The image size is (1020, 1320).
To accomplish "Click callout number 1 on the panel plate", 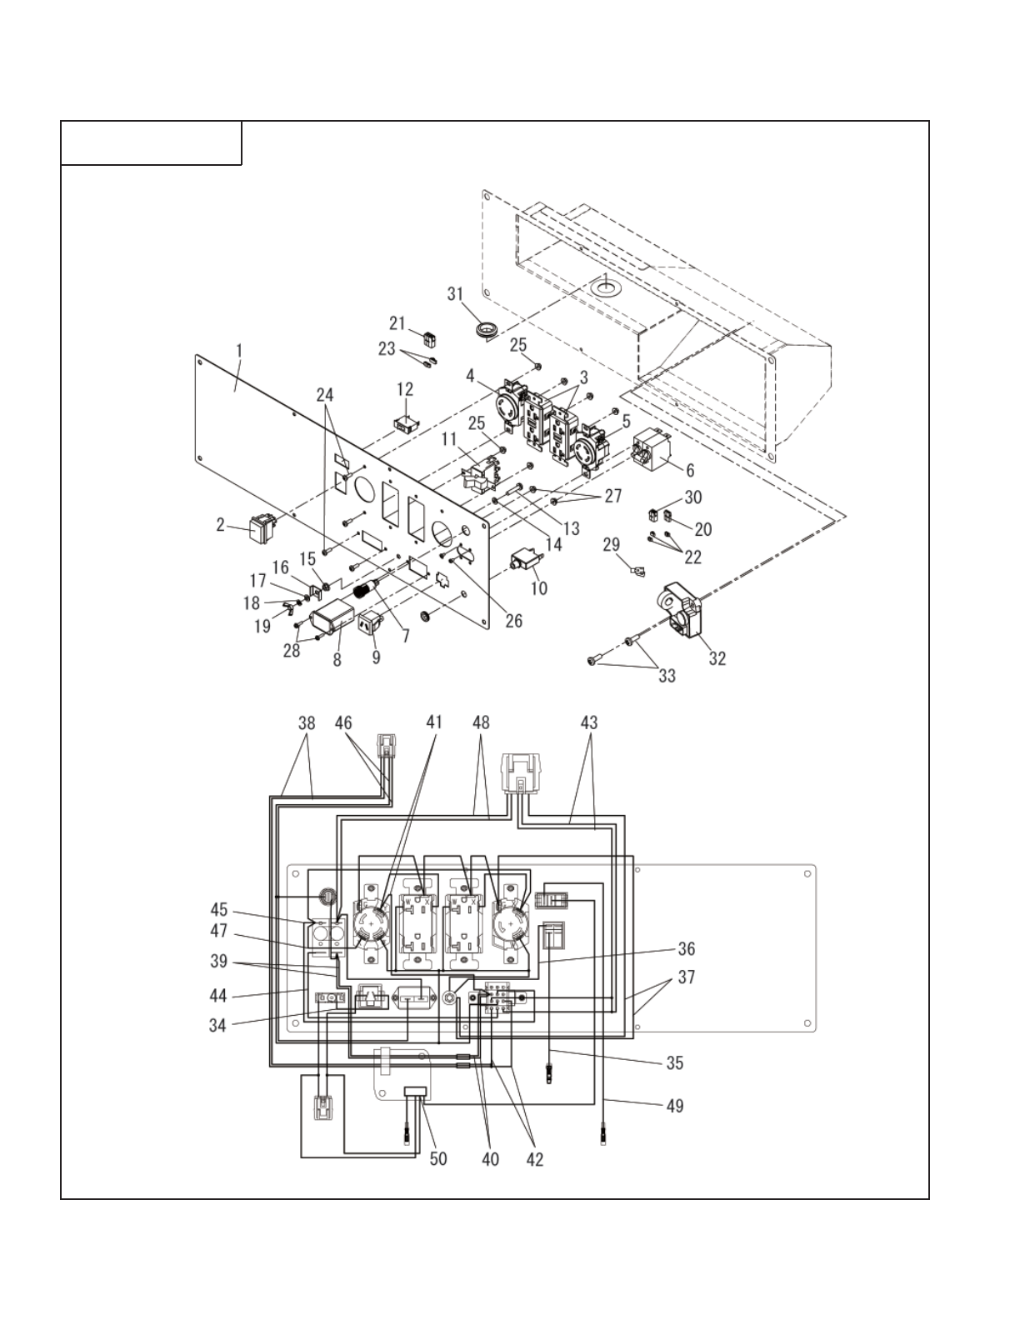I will point(239,352).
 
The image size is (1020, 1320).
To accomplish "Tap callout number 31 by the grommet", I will point(454,294).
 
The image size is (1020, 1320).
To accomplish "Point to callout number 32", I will point(717,658).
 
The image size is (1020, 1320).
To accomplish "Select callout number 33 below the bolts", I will point(667,677).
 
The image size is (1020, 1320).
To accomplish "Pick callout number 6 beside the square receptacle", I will point(690,471).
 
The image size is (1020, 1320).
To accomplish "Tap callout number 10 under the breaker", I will point(538,588).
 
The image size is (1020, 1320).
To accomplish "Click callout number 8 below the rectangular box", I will point(337,658).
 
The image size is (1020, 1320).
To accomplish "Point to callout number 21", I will point(397,323).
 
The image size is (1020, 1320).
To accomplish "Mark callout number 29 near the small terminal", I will point(611,544).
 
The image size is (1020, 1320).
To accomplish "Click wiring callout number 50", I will point(437,1158).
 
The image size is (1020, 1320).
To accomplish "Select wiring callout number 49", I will point(674,1106).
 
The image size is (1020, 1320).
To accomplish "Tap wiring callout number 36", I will point(686,948).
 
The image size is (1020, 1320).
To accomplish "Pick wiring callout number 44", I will point(217,996).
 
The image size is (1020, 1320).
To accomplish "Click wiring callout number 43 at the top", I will point(588,722).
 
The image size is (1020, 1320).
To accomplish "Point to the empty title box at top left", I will point(152,143).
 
